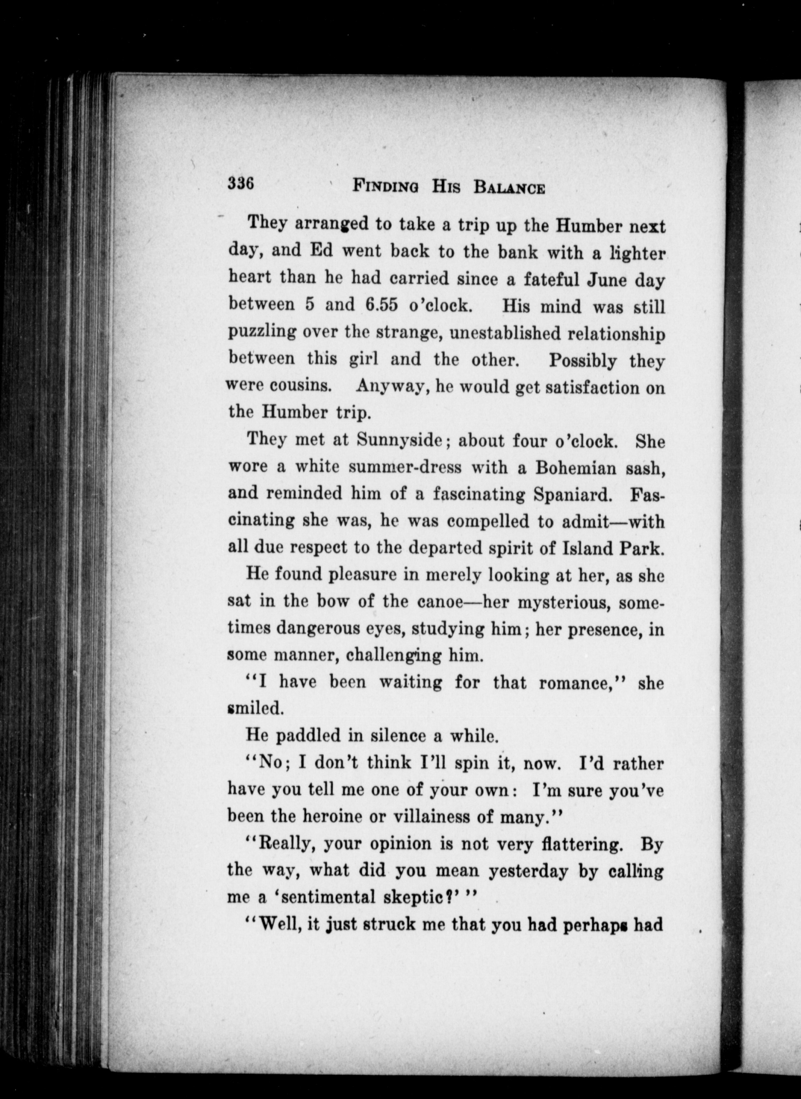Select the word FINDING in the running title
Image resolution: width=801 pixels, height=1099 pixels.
click(x=386, y=186)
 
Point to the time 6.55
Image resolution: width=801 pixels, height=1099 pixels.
click(x=380, y=305)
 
